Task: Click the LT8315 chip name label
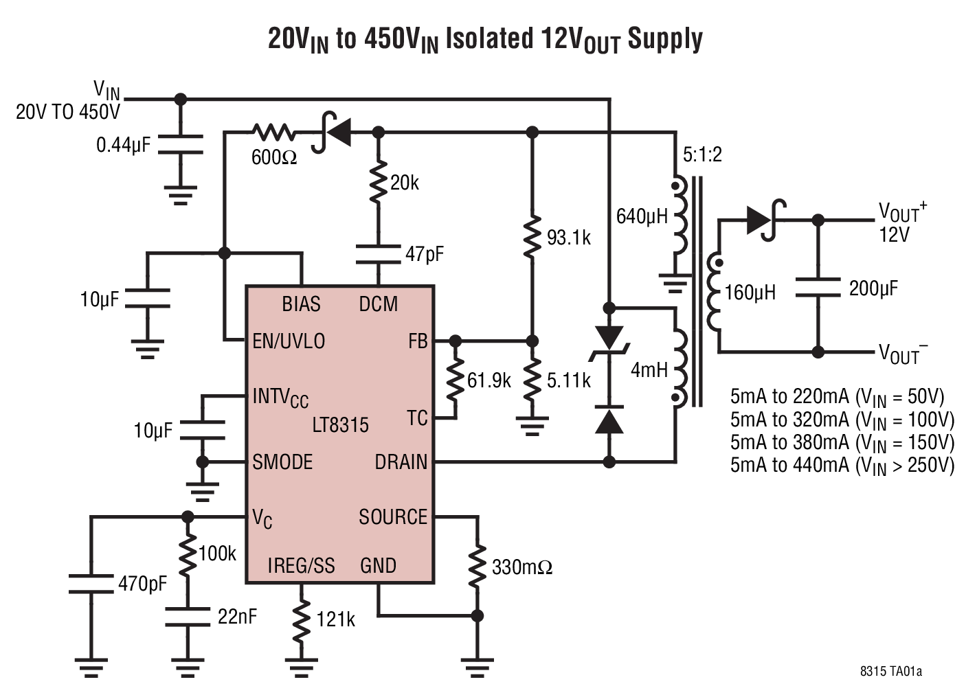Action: [x=340, y=425]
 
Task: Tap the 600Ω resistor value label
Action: [x=273, y=158]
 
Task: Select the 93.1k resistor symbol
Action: [x=532, y=238]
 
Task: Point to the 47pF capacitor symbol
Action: [x=378, y=255]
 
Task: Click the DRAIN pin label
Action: [x=401, y=462]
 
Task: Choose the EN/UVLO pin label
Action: [x=289, y=341]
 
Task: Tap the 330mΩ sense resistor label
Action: [x=521, y=567]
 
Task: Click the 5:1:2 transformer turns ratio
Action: [x=702, y=155]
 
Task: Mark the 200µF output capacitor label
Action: [x=873, y=288]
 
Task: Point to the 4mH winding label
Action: [x=649, y=370]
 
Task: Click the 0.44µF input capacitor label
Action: [x=123, y=146]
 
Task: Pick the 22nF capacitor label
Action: [x=237, y=617]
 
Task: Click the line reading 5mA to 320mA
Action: [x=842, y=420]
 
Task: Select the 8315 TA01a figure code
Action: [x=890, y=671]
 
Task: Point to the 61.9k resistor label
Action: [x=488, y=380]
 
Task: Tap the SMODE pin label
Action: [x=282, y=462]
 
